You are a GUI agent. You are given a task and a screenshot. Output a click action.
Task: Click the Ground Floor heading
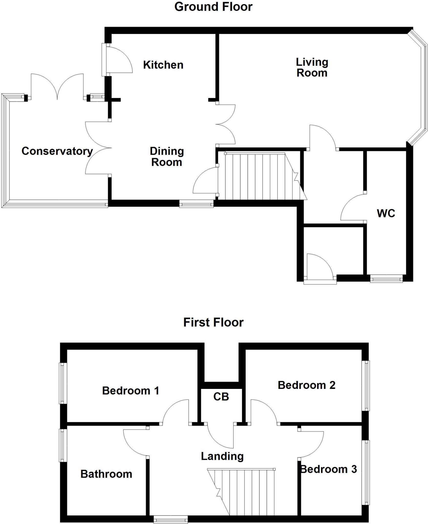pos(213,7)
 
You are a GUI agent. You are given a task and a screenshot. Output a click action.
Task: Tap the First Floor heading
pos(213,322)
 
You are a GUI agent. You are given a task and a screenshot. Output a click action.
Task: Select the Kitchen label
pos(163,65)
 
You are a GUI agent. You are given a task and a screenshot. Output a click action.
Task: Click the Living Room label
pos(312,68)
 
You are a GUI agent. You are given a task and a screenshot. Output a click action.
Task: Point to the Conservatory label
pos(57,151)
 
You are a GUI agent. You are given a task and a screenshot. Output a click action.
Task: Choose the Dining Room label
pos(167,157)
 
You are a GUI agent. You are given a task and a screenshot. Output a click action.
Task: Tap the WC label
pos(386,213)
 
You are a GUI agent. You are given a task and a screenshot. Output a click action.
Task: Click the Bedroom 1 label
pos(131,391)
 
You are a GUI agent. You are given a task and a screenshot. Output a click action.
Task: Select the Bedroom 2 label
pos(306,385)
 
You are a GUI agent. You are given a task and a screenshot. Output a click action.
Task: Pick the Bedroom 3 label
pos(329,469)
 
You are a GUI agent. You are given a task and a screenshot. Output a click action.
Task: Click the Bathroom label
pos(106,474)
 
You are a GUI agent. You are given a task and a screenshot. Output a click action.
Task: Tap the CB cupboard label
pos(221,397)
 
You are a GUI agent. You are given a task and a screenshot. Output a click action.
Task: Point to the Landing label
pos(222,456)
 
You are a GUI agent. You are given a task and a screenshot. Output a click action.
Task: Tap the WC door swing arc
pos(352,207)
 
